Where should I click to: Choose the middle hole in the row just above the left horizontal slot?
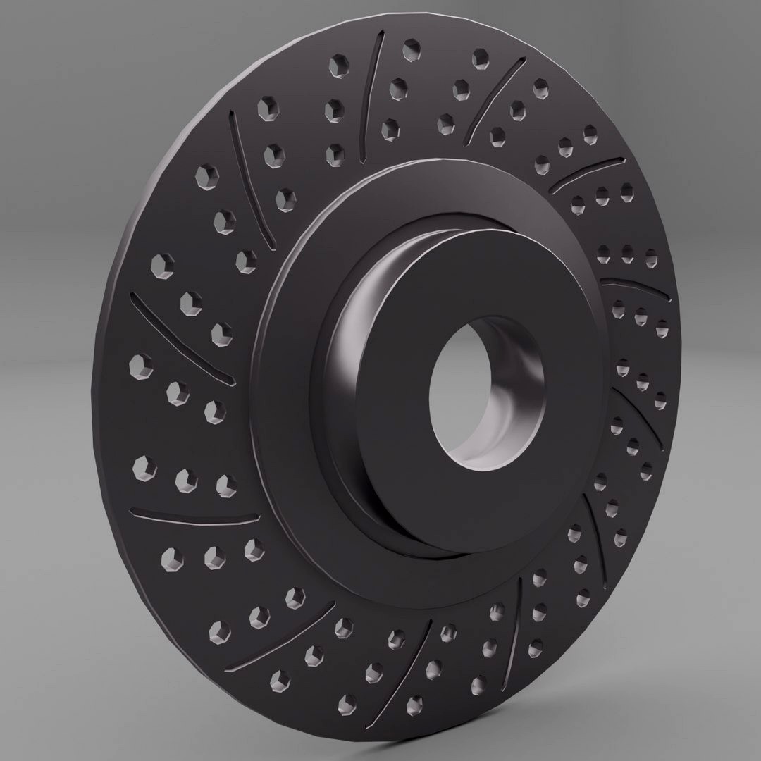coord(185,478)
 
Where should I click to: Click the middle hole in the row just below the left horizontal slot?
coord(214,556)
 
